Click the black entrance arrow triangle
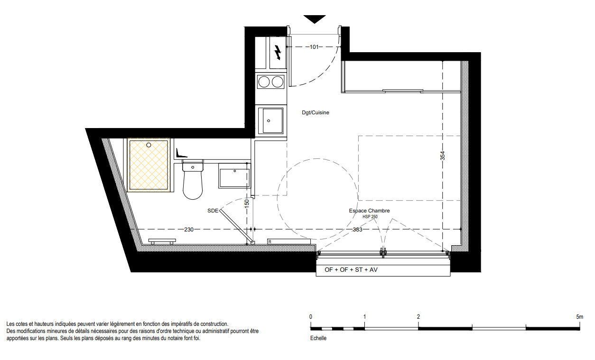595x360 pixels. (315, 18)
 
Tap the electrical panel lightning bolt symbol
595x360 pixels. (278, 52)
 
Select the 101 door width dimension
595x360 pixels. (314, 47)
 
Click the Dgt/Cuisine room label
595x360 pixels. (316, 112)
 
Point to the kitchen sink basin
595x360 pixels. (272, 121)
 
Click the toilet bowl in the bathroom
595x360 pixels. (193, 180)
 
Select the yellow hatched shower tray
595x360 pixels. (148, 165)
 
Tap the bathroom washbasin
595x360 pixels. (234, 175)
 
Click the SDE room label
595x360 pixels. (213, 211)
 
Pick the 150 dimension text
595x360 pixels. (247, 203)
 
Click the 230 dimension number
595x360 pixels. (189, 230)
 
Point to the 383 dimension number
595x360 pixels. (358, 230)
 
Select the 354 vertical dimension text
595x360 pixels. (442, 156)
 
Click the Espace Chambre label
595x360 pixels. (369, 211)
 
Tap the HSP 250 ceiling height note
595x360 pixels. (370, 217)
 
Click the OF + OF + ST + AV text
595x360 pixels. (351, 270)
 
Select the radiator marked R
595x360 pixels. (289, 241)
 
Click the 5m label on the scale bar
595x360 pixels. (580, 317)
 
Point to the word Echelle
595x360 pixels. (318, 338)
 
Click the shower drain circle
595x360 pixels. (149, 145)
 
